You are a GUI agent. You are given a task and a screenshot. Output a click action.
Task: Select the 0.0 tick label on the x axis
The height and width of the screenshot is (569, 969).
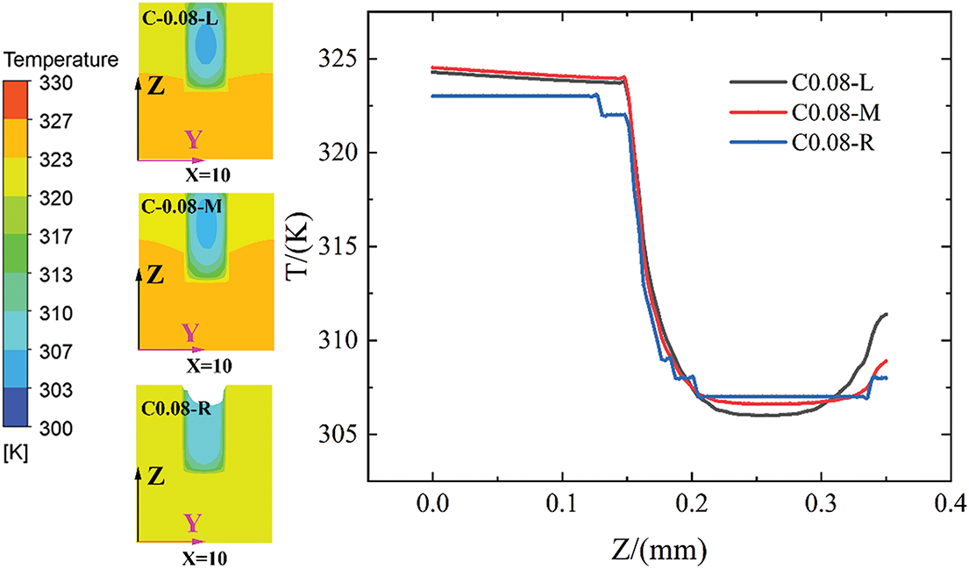(x=433, y=509)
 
